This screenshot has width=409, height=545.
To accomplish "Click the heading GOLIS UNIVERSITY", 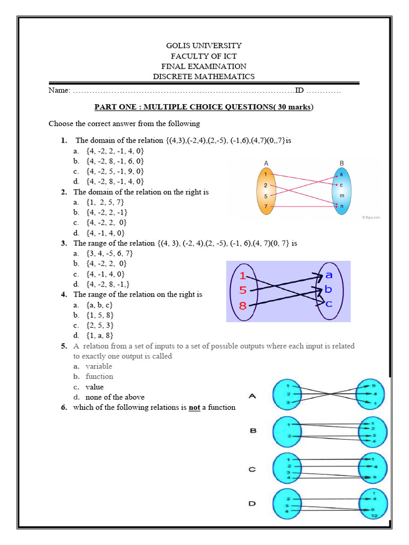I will tap(204, 46).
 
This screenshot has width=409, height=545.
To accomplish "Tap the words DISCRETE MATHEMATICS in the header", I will tap(204, 76).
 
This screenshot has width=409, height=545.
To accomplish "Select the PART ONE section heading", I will tap(204, 107).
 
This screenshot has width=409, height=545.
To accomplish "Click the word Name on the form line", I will tap(59, 90).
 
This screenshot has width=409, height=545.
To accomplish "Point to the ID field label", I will tap(299, 90).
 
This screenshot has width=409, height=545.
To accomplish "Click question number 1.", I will tap(64, 141).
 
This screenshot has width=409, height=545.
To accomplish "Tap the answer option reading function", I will tap(99, 376).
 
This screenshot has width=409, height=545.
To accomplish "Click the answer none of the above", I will tap(114, 397).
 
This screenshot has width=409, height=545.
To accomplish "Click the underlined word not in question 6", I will tap(194, 408).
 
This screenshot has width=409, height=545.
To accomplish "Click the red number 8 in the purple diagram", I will tap(243, 305).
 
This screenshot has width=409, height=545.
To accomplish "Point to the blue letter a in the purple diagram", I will tap(329, 275).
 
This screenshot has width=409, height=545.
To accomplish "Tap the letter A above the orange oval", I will tap(265, 163).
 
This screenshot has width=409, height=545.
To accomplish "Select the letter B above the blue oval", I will tap(341, 163).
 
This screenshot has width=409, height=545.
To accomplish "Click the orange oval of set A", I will tap(266, 191).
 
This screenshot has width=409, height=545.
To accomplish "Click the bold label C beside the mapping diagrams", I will tap(253, 469).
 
